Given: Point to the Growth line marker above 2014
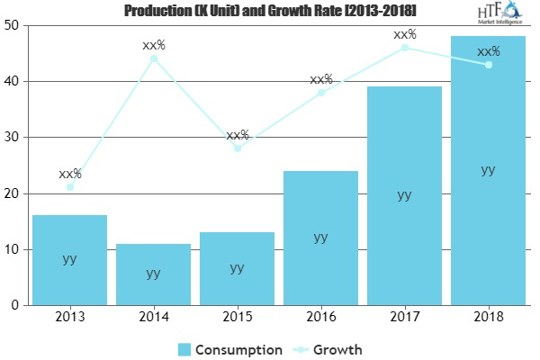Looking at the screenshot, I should click(x=154, y=58).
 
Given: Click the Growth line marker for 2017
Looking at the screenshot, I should click(x=405, y=48).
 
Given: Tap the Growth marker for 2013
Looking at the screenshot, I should click(x=70, y=187).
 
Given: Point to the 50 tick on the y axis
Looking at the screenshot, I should click(x=14, y=25).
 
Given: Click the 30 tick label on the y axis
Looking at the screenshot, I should click(x=14, y=138).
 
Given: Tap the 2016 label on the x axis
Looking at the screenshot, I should click(x=320, y=318).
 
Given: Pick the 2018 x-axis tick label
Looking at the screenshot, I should click(x=488, y=318).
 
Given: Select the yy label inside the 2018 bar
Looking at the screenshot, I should click(x=488, y=169).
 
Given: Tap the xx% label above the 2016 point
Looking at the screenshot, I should click(x=321, y=79).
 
